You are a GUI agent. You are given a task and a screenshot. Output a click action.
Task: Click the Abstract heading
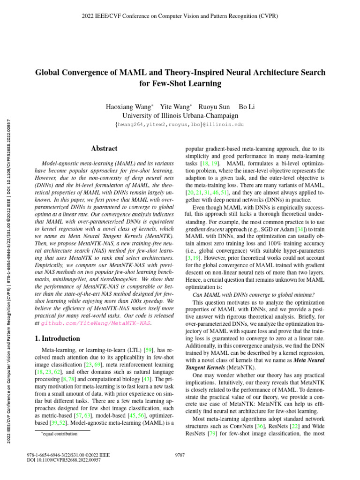tap(104, 149)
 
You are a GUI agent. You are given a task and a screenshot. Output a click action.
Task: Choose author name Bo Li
tap(247, 107)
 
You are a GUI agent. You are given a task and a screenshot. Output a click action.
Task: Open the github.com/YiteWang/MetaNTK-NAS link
tap(97, 323)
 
